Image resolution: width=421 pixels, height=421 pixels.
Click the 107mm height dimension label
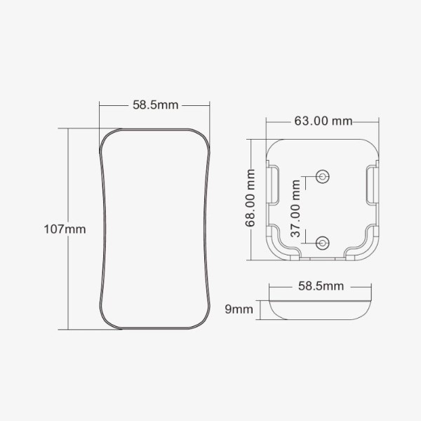(x=65, y=229)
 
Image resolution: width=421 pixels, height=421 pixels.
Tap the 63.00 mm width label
(x=323, y=121)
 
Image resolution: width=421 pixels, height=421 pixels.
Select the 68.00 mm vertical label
(x=250, y=198)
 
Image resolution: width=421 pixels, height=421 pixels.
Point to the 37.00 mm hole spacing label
(x=295, y=208)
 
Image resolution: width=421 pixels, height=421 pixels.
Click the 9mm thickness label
(x=239, y=309)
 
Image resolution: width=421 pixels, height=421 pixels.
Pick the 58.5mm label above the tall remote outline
(x=156, y=105)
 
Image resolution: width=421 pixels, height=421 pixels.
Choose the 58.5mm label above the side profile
(x=321, y=286)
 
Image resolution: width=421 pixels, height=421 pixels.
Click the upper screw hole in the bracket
(x=323, y=176)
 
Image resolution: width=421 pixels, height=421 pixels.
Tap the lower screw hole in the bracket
(x=323, y=243)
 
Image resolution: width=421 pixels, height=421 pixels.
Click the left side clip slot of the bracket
(x=272, y=185)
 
